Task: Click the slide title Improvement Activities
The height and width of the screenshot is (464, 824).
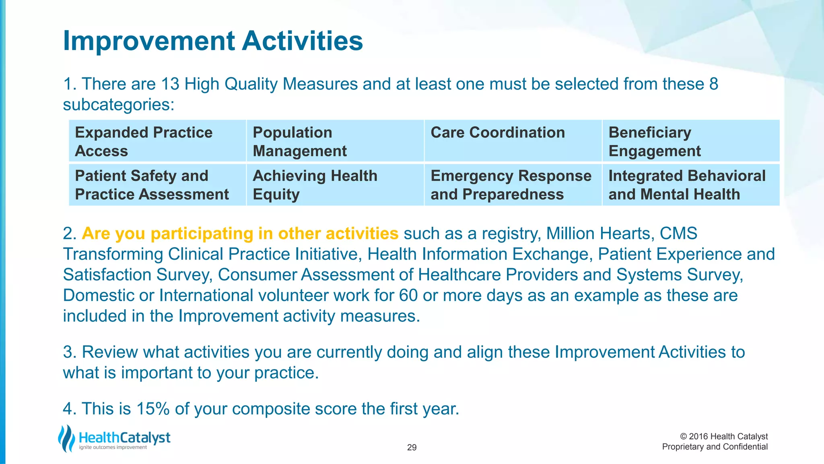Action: click(x=213, y=41)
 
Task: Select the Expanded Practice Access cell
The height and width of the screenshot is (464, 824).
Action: click(x=157, y=141)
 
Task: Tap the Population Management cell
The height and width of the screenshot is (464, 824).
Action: click(x=335, y=141)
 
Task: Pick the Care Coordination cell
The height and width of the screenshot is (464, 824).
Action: click(x=513, y=141)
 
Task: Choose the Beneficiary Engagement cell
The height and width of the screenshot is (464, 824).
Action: click(x=691, y=141)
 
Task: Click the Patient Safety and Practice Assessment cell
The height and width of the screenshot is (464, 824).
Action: click(x=157, y=185)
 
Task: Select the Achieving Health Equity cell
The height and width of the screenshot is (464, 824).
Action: click(x=335, y=185)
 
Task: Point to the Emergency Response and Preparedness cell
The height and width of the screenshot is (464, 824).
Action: click(x=513, y=185)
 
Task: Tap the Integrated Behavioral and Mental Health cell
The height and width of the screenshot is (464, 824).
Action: click(x=691, y=185)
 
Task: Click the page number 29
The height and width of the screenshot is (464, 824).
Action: click(x=412, y=447)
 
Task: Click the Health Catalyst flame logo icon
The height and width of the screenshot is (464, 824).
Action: click(x=66, y=438)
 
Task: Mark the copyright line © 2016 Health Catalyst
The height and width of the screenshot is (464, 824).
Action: click(x=723, y=437)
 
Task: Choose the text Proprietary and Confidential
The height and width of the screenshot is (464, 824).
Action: click(x=715, y=447)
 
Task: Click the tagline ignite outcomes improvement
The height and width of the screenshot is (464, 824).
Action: click(x=113, y=447)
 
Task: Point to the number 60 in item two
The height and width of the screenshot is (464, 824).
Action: click(x=408, y=296)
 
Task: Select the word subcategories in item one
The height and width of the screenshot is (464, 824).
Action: click(x=118, y=105)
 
